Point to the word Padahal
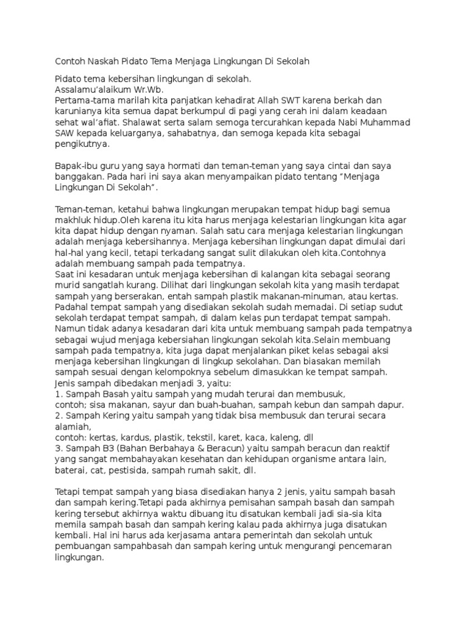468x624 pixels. [x=71, y=308]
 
